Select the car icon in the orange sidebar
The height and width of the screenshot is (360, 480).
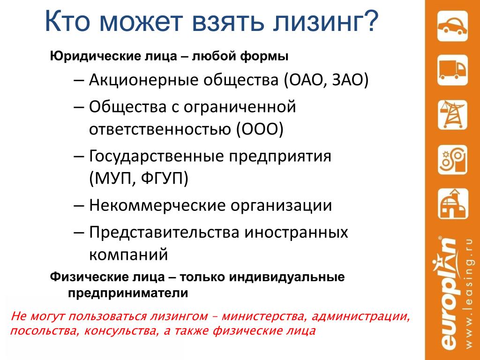452,26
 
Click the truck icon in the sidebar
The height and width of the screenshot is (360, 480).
452,70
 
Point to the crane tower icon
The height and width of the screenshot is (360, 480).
452,114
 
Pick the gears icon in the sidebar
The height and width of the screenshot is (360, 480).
452,159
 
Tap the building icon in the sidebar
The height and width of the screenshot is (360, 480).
452,204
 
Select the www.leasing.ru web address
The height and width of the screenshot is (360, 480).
469,293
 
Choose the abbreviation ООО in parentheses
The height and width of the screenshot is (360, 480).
260,129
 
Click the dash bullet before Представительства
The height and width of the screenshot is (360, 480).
79,232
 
